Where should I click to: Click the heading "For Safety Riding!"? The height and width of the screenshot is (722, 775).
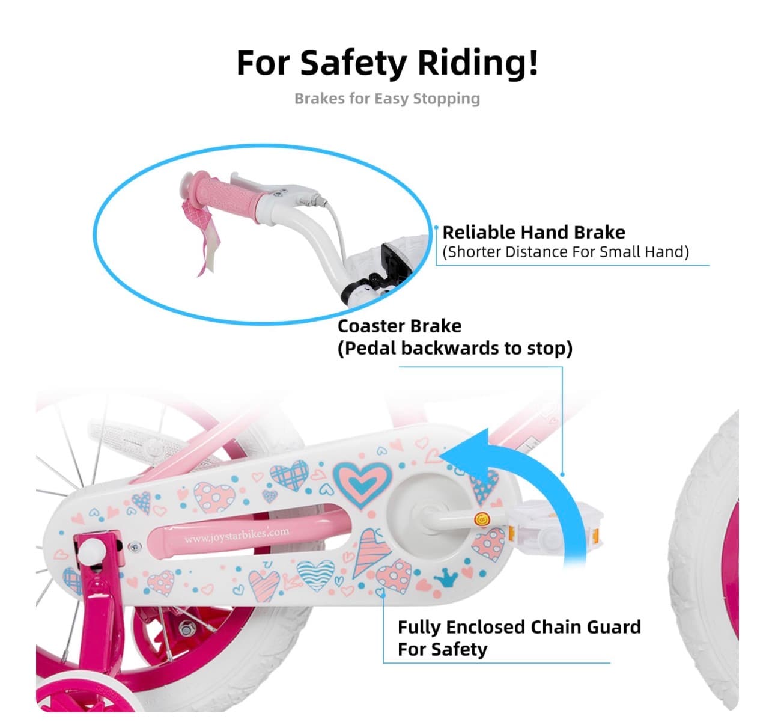click(387, 64)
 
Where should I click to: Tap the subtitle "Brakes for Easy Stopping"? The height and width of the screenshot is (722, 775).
click(387, 99)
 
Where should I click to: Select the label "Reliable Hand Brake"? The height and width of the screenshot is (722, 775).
click(533, 232)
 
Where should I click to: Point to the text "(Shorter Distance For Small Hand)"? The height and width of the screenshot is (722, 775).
click(565, 252)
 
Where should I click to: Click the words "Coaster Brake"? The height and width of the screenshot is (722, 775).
click(399, 326)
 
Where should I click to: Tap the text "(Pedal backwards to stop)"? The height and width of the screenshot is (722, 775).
click(455, 348)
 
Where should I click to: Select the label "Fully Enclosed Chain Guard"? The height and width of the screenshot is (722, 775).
click(520, 627)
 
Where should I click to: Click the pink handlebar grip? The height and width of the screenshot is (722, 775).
click(226, 196)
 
